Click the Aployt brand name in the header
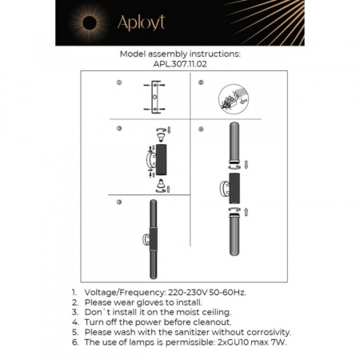[141, 23]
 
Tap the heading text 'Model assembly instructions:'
[179, 56]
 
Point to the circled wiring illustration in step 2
[233, 98]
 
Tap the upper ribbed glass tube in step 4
[234, 143]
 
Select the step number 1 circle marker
[118, 83]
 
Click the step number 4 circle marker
[201, 128]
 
